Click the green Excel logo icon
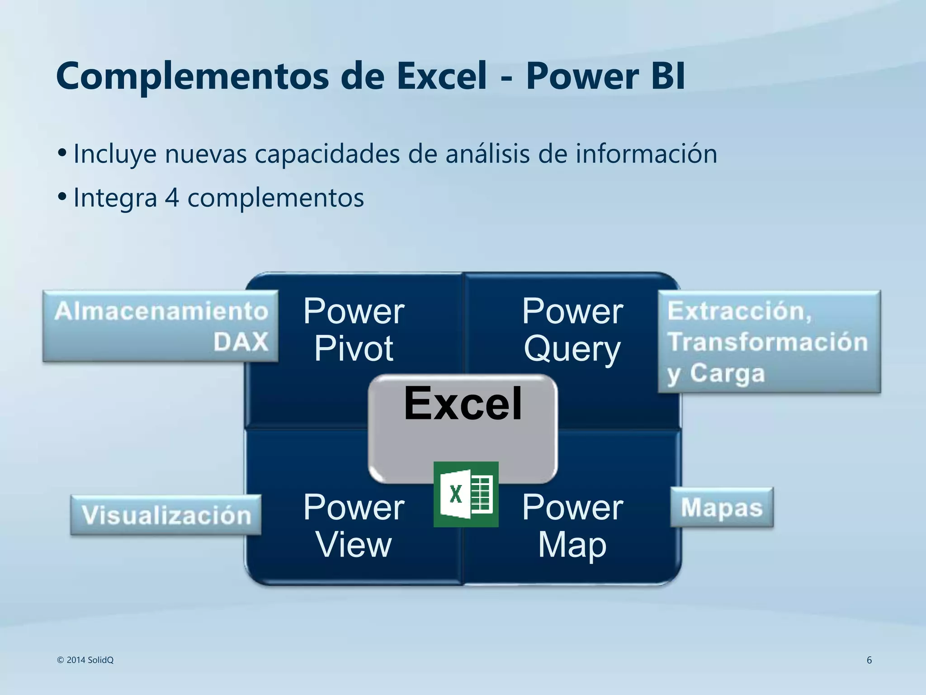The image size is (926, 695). point(466,494)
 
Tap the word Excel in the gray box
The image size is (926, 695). point(463,403)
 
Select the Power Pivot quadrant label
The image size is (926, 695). point(354,329)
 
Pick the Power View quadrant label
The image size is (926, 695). point(354,525)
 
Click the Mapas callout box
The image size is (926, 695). point(722,507)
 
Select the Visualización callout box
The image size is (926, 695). point(166,515)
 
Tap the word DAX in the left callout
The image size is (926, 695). point(241,342)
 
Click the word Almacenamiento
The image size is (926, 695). point(161,311)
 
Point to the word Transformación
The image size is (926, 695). point(768,342)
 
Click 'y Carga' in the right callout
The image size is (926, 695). point(716,374)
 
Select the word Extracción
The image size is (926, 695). point(739,311)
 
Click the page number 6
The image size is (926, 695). point(869,660)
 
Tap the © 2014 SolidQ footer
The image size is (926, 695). point(85,660)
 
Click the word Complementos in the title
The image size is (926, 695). point(193,76)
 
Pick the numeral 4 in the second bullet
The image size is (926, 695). point(172,198)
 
